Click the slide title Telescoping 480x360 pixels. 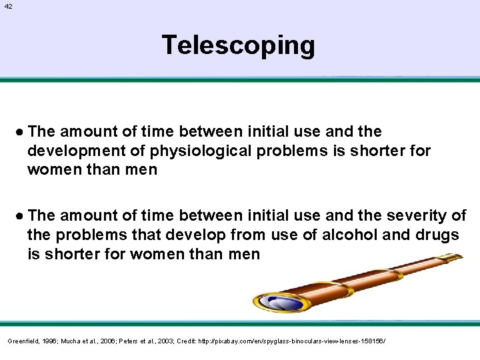[238, 45]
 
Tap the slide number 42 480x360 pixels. [8, 6]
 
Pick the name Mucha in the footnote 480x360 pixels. [72, 341]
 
